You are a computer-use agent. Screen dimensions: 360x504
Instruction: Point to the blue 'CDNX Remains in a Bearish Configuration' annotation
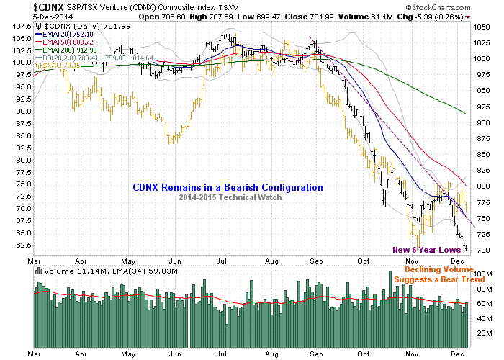point(228,187)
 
